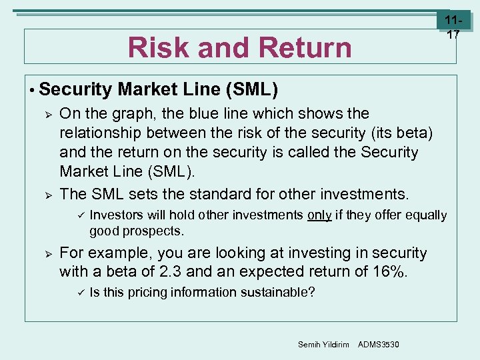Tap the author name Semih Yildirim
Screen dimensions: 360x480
(x=323, y=344)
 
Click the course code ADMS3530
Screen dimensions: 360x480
(x=379, y=344)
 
